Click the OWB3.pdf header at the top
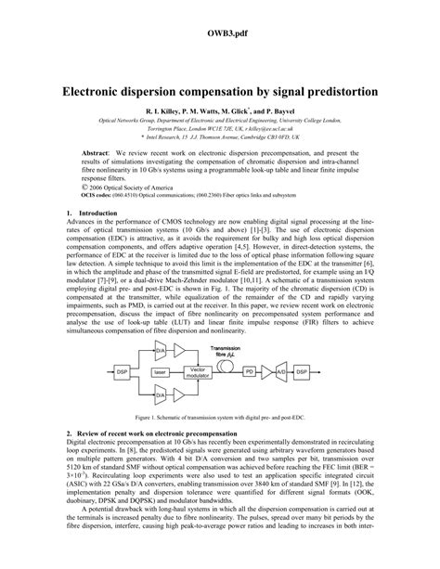219,32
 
